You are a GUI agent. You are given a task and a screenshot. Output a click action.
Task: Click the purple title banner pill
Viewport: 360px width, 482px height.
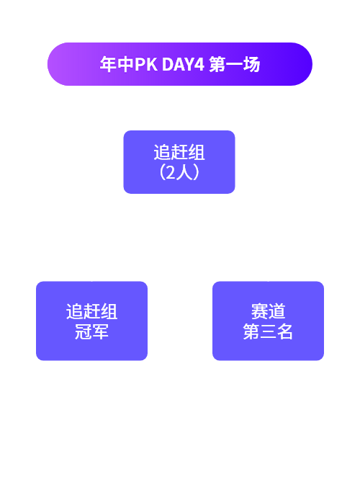(180, 64)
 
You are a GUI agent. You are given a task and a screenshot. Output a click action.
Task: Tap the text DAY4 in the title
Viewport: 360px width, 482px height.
(183, 64)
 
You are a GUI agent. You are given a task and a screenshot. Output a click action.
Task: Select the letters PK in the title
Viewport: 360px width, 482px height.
(146, 64)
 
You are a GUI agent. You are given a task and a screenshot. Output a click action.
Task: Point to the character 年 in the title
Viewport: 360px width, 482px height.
(108, 64)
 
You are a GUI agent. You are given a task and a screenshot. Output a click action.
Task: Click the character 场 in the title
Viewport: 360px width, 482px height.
(251, 64)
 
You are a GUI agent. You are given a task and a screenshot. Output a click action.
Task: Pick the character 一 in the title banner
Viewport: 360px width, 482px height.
(235, 64)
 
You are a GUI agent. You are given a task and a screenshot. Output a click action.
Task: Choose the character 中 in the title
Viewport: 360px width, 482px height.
(125, 64)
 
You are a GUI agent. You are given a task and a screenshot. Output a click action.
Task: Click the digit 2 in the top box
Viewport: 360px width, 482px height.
(171, 173)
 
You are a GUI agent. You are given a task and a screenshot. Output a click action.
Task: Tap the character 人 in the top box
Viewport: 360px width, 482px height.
(184, 172)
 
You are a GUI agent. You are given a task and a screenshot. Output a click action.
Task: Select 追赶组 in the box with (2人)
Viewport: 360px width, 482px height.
(179, 152)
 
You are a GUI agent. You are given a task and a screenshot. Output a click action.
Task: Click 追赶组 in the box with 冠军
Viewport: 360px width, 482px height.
(91, 311)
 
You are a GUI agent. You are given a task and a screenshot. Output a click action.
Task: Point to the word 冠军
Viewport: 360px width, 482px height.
(91, 331)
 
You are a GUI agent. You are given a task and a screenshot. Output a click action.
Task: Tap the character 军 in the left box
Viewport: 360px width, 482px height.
(100, 331)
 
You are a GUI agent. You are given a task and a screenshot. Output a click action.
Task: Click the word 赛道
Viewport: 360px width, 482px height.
(268, 311)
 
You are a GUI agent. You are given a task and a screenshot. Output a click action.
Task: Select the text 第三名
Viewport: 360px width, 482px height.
(268, 331)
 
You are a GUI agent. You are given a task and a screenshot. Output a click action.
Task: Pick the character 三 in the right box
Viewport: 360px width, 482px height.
(268, 332)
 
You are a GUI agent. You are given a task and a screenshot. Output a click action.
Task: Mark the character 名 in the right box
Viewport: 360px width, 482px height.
(285, 331)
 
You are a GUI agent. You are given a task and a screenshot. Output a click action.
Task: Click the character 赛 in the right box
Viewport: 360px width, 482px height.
(259, 311)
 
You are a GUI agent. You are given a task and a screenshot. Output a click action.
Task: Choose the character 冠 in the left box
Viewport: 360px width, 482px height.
(83, 331)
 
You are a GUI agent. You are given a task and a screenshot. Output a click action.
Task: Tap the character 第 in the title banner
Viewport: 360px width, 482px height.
(217, 64)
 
